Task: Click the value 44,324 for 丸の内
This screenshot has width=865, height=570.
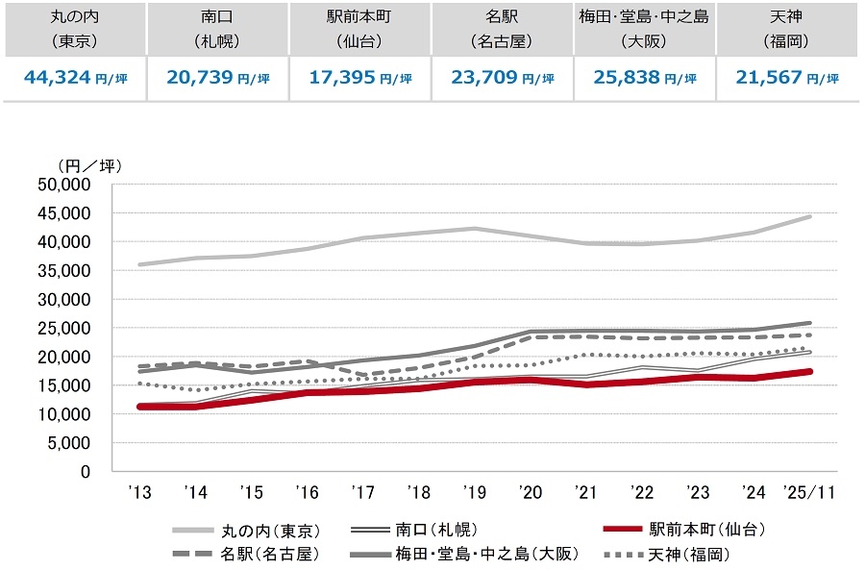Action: [x=46, y=78]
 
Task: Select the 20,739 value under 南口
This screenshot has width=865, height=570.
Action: [x=188, y=78]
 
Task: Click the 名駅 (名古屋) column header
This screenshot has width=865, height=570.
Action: [x=502, y=29]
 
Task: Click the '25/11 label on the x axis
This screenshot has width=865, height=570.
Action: [x=810, y=491]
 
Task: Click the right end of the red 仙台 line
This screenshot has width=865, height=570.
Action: [x=810, y=371]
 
